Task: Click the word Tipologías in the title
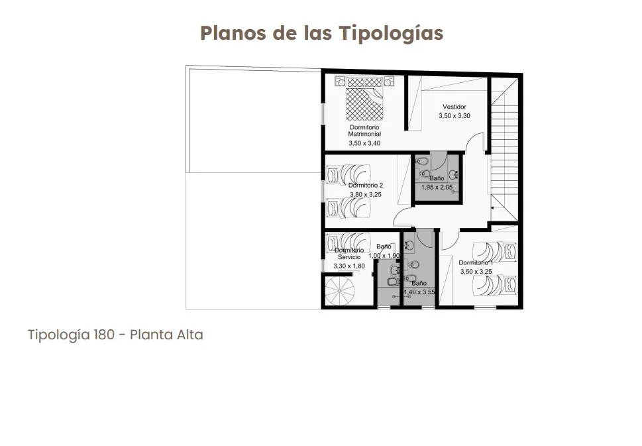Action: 391,34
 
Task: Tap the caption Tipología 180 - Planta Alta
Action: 115,335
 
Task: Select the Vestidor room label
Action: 455,107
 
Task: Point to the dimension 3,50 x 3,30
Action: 455,116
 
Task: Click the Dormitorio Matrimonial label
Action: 364,131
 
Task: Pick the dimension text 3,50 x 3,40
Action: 364,143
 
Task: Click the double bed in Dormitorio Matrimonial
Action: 364,98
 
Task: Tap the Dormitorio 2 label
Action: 366,186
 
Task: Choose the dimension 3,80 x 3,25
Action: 366,195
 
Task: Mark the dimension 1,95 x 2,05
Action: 437,188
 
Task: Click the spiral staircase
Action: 340,290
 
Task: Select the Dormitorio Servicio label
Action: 349,254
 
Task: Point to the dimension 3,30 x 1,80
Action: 349,266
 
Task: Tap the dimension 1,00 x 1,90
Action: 384,256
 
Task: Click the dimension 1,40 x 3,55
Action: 419,292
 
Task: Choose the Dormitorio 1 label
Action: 476,262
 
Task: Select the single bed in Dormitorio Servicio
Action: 348,242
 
